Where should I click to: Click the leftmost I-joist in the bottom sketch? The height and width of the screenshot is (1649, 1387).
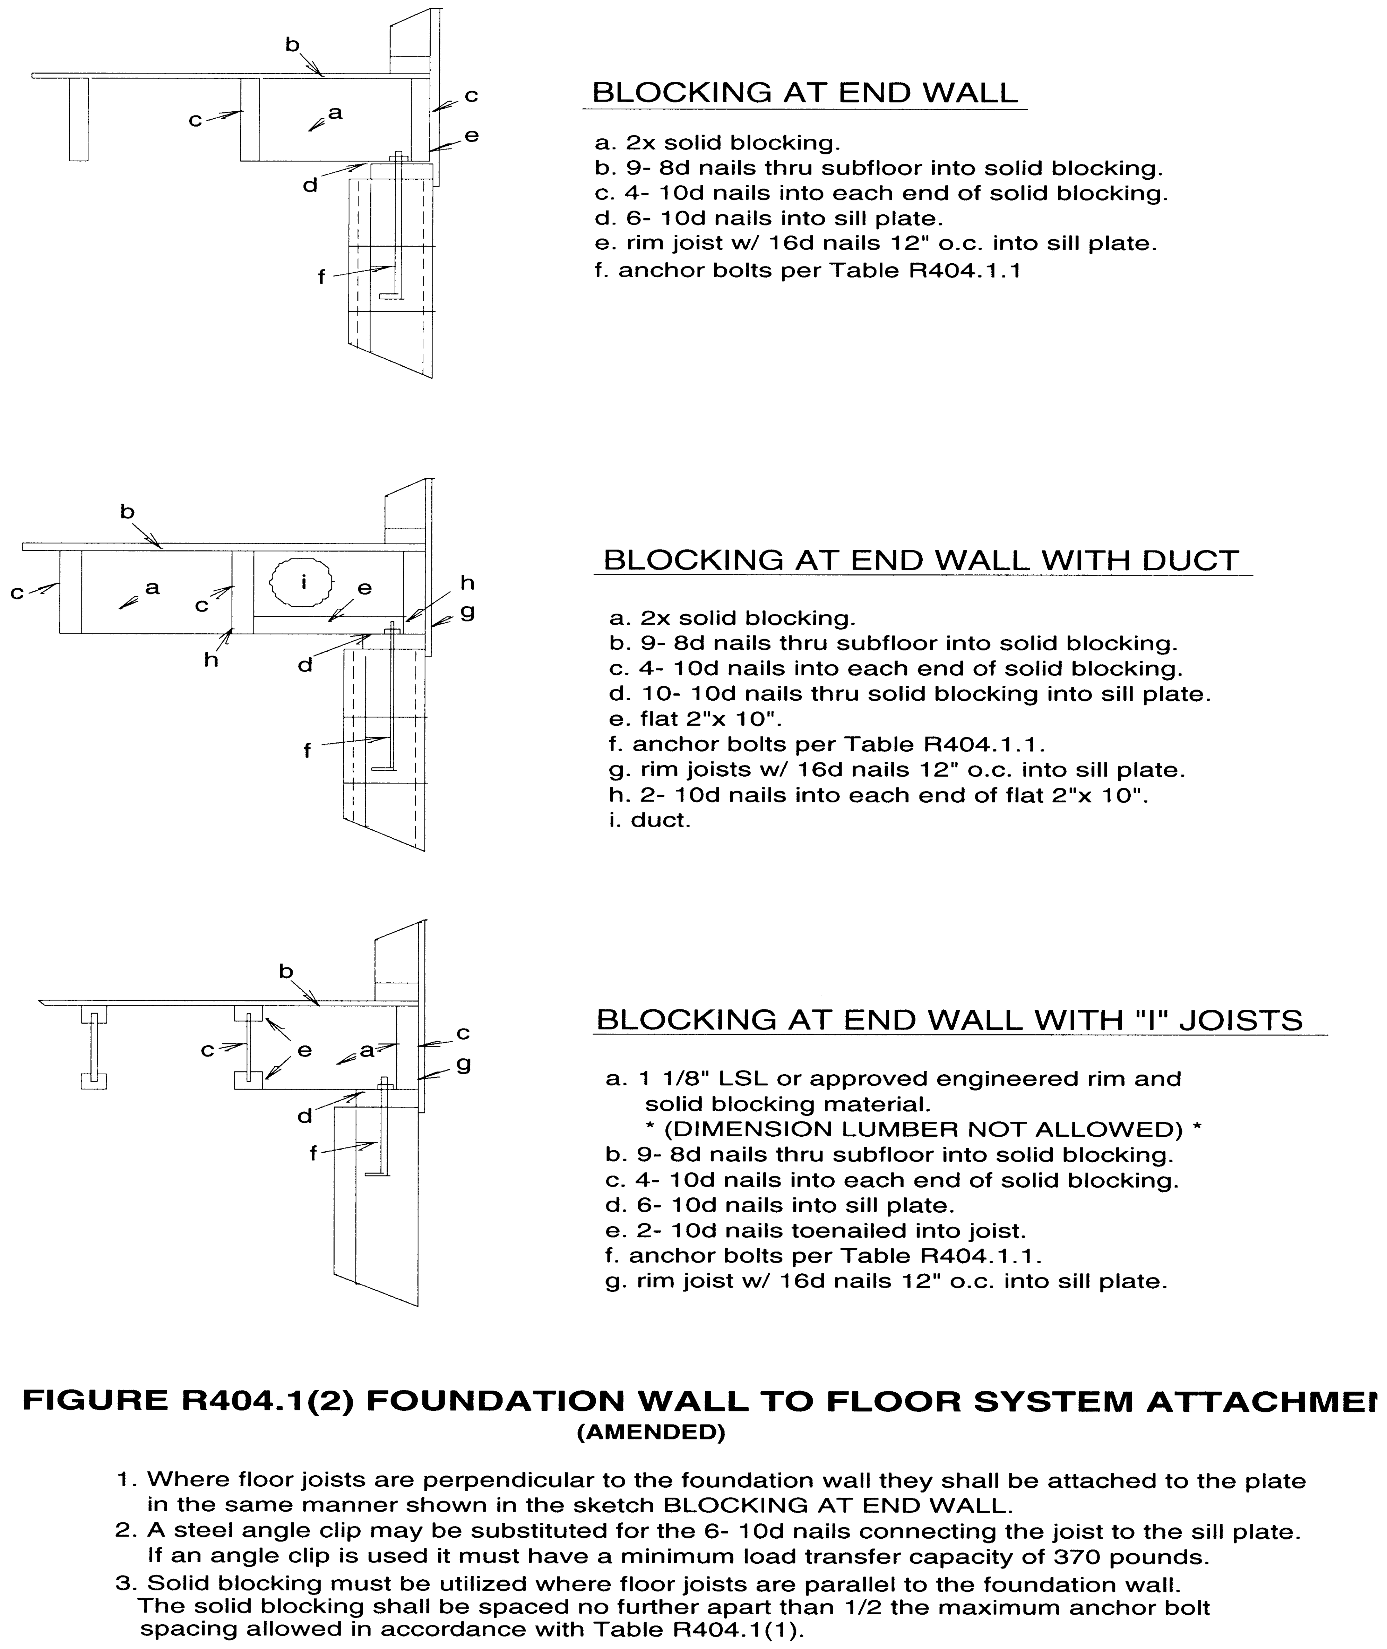pyautogui.click(x=94, y=1048)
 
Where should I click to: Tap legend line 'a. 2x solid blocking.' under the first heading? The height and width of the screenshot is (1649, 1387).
pyautogui.click(x=717, y=143)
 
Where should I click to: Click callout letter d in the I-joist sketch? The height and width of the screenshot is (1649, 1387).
pyautogui.click(x=305, y=1116)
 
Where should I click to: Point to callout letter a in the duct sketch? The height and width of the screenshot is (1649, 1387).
pyautogui.click(x=153, y=587)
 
